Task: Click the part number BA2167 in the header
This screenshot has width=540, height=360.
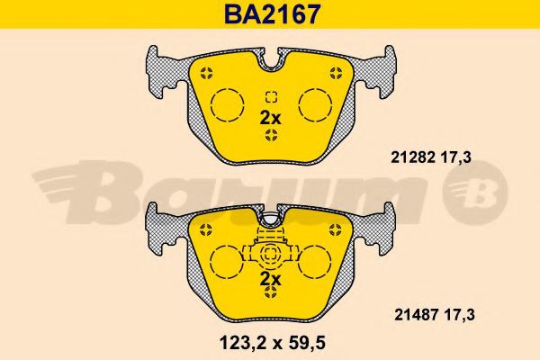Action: point(272,14)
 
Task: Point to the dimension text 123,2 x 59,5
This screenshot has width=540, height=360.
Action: point(272,343)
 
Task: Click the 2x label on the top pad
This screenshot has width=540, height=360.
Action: point(270,118)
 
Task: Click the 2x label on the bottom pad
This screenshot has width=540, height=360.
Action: point(270,279)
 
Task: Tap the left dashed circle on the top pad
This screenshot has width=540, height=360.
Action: point(228,104)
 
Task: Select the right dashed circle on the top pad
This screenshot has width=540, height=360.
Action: point(316,104)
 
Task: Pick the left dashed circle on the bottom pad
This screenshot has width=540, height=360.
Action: point(226,262)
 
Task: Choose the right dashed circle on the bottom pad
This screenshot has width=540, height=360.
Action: point(314,262)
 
